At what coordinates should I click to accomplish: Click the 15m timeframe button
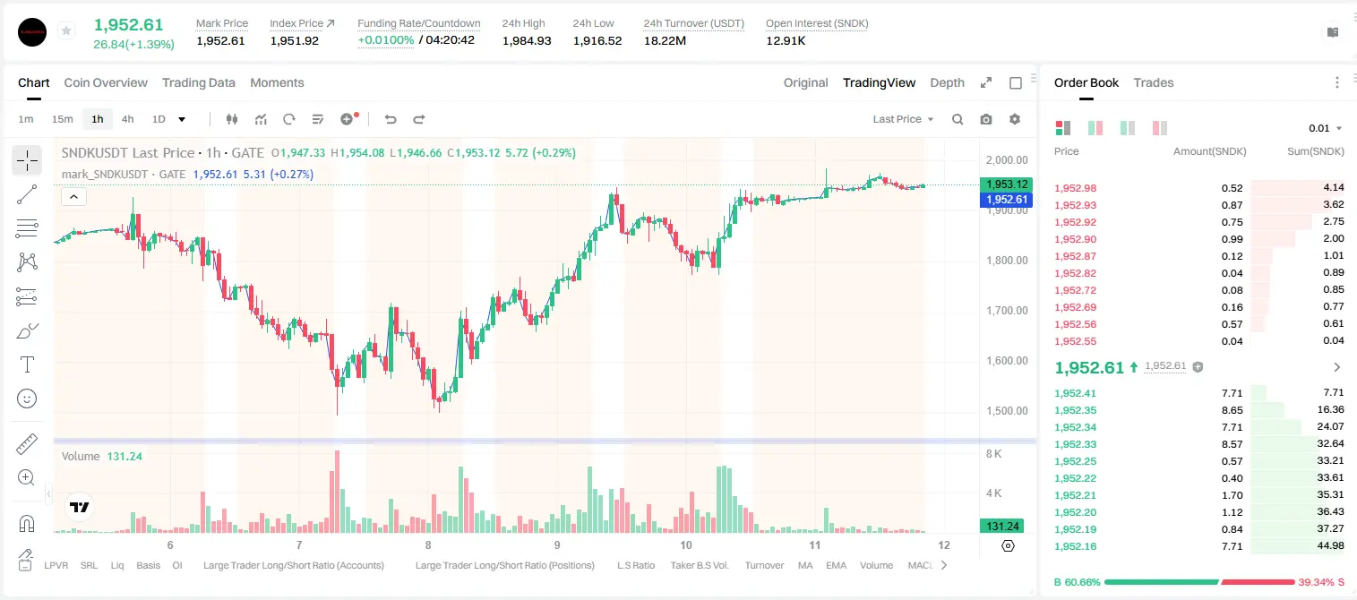click(62, 119)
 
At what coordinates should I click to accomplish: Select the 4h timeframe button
click(127, 119)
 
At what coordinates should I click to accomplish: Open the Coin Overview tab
click(106, 82)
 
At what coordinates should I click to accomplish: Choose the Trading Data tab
click(198, 82)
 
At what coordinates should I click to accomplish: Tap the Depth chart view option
click(947, 82)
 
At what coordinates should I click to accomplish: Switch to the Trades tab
click(1153, 82)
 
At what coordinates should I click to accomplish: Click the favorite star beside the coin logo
click(66, 30)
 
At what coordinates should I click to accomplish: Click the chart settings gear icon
click(1015, 119)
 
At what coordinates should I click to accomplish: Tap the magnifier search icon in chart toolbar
click(958, 119)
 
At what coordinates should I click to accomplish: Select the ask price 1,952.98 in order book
click(1076, 188)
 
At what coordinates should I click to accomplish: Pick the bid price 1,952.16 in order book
click(1076, 546)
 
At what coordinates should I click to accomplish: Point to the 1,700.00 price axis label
click(1007, 311)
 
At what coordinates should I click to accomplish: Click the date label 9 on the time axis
click(557, 544)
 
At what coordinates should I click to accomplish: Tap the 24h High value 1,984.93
click(527, 40)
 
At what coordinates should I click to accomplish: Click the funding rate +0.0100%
click(386, 40)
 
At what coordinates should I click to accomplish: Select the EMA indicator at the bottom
click(836, 565)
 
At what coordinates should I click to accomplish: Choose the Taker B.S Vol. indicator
click(699, 565)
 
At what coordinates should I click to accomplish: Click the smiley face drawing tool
click(27, 399)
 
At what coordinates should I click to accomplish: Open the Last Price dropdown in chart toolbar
click(903, 119)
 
